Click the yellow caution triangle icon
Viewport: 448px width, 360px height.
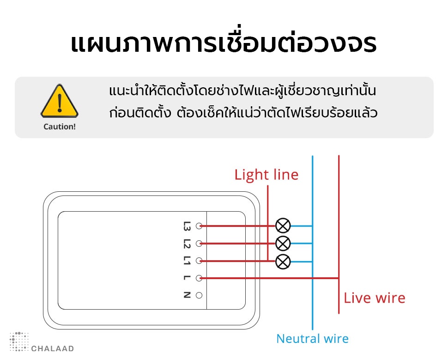pyautogui.click(x=59, y=101)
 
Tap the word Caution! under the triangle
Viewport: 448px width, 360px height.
pyautogui.click(x=59, y=126)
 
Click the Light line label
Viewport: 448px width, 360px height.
pyautogui.click(x=266, y=175)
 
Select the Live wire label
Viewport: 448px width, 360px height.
pyautogui.click(x=374, y=298)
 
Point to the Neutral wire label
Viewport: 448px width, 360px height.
pyautogui.click(x=312, y=339)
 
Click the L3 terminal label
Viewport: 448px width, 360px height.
pyautogui.click(x=187, y=226)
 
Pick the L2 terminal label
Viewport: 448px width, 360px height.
pyautogui.click(x=187, y=244)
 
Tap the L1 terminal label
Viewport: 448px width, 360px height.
pyautogui.click(x=187, y=261)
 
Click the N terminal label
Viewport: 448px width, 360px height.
pyautogui.click(x=187, y=295)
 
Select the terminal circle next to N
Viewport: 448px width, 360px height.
pyautogui.click(x=200, y=295)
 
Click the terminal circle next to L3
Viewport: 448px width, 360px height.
pyautogui.click(x=200, y=226)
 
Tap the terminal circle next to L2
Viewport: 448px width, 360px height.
pyautogui.click(x=200, y=244)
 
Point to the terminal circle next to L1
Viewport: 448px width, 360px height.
pyautogui.click(x=200, y=261)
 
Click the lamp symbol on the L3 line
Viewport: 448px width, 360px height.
pyautogui.click(x=283, y=226)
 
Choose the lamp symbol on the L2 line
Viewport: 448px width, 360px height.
pyautogui.click(x=283, y=243)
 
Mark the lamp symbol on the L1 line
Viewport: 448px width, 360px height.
pyautogui.click(x=283, y=262)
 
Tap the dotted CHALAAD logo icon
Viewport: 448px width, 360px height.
pyautogui.click(x=19, y=341)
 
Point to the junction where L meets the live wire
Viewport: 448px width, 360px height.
pyautogui.click(x=339, y=278)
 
